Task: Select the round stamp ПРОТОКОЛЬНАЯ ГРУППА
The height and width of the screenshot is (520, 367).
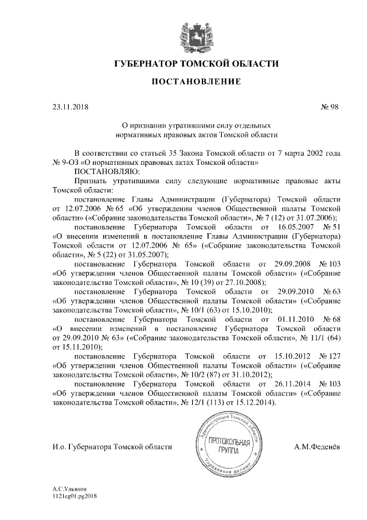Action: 229,446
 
